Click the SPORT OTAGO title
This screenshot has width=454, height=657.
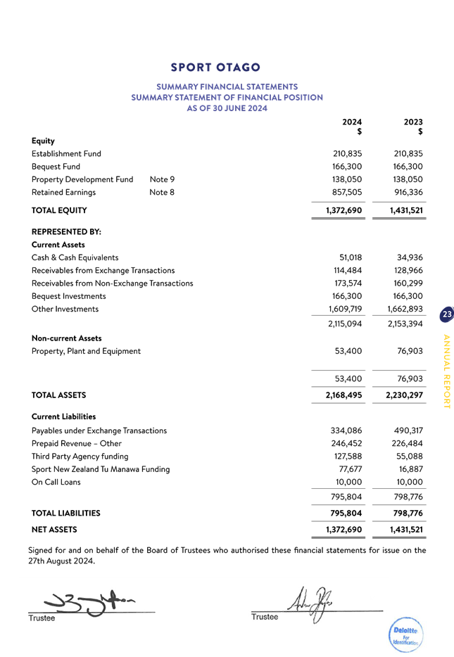[215, 68]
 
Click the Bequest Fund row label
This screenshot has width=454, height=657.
[56, 167]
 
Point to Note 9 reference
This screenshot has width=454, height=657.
[162, 179]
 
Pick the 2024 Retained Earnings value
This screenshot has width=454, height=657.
[346, 192]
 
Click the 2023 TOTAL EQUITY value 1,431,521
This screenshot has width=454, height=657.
[407, 210]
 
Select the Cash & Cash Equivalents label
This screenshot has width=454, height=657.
[75, 257]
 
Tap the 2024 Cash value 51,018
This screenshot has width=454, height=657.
[351, 257]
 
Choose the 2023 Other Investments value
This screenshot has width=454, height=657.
[405, 309]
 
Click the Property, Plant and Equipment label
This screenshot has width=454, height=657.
[86, 351]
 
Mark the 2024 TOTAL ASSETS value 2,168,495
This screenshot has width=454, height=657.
[343, 395]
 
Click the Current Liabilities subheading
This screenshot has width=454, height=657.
[64, 417]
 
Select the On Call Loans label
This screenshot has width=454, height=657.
[56, 482]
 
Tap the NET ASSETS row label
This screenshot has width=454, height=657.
[54, 529]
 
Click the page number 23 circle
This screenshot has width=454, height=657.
[446, 315]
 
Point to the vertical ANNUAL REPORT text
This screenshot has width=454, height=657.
[446, 370]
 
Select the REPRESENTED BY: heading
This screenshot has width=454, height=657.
[67, 231]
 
